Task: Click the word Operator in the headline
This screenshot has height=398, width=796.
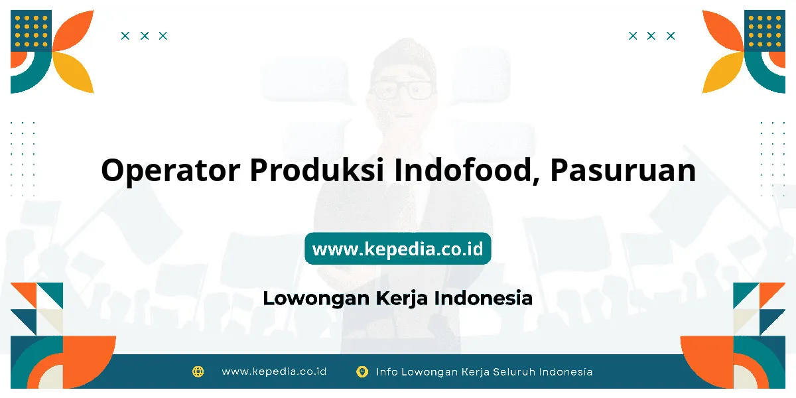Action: coord(170,170)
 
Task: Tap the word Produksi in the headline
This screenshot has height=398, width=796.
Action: coord(317,170)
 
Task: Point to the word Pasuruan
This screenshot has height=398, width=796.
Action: coord(623,170)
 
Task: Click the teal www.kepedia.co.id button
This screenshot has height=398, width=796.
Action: coord(397,248)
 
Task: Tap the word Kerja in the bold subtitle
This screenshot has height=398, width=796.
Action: coord(401,298)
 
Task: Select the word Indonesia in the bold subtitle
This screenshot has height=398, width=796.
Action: coord(484,298)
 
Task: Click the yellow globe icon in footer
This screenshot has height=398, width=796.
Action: coord(198,371)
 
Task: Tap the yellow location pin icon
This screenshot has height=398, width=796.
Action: coord(362,371)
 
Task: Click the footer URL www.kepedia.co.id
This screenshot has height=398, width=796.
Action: coord(274,371)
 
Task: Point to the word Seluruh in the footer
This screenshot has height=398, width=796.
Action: coord(513,371)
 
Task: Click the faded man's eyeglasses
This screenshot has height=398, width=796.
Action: coord(401,89)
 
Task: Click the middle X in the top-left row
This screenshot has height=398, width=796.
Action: coord(145,36)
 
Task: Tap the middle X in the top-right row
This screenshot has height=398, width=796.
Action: coord(651,36)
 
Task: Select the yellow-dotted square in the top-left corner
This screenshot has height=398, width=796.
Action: coord(31,31)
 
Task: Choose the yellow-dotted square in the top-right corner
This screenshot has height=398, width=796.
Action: coord(765,31)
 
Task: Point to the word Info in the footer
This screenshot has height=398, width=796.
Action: coord(386,371)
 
